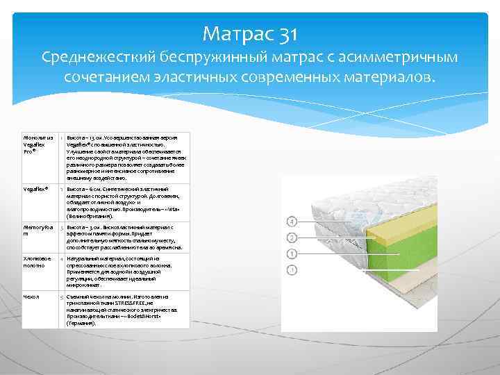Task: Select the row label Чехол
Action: tap(31, 297)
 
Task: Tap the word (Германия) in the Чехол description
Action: tap(82, 324)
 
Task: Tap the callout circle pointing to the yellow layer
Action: tap(292, 237)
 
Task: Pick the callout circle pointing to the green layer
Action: tap(292, 253)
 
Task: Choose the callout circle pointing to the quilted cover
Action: tap(292, 222)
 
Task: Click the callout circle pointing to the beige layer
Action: tap(292, 269)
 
